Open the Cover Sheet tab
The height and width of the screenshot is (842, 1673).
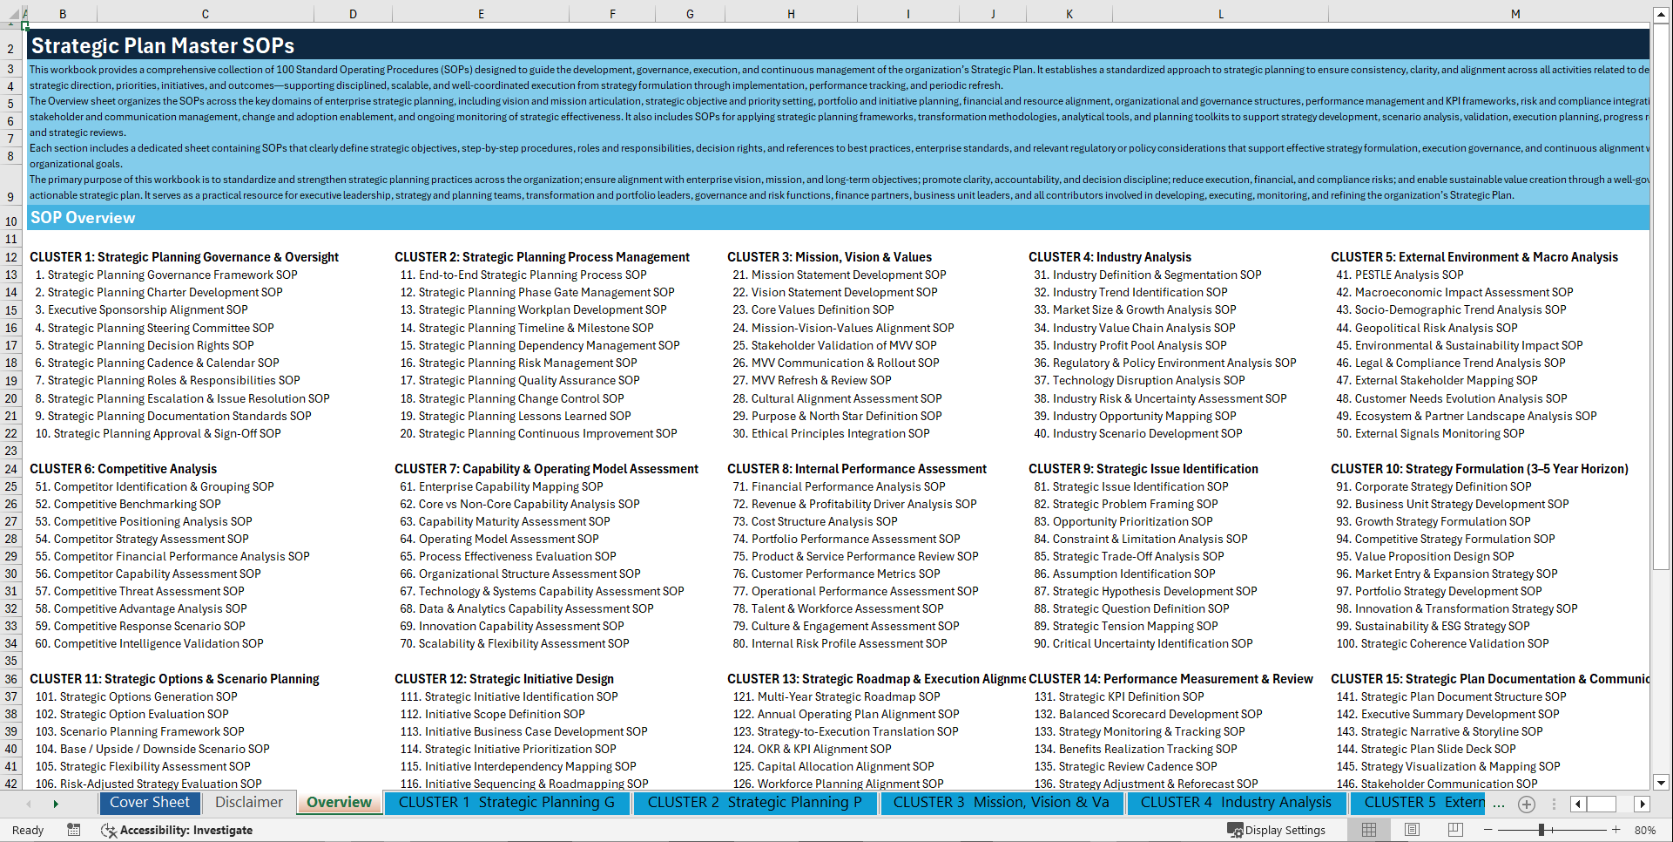[149, 803]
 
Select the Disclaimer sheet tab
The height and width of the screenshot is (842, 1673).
[249, 803]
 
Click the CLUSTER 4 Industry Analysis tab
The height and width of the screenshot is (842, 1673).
[1235, 803]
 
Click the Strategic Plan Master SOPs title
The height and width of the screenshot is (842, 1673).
[163, 46]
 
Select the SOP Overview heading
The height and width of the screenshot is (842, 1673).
[83, 218]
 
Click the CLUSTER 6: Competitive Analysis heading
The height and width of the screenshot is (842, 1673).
[123, 469]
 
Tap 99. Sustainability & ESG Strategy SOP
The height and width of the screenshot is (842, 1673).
[1433, 626]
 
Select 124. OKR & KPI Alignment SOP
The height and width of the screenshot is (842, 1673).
[813, 749]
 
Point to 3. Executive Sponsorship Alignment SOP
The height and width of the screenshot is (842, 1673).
[141, 309]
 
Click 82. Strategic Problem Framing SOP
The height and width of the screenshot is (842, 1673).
[1126, 504]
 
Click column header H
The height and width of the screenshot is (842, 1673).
[791, 14]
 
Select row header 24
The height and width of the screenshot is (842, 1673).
[11, 469]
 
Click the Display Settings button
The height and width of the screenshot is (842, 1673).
[1277, 830]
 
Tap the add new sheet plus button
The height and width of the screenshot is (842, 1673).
[1527, 804]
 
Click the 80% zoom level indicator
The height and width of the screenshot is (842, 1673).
[1644, 830]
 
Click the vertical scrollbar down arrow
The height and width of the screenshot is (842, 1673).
[1661, 783]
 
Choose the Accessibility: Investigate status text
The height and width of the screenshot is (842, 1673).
[186, 830]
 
